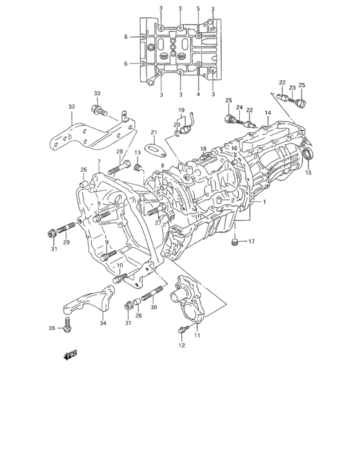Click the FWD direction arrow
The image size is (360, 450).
(70, 355)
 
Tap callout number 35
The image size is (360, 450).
(51, 328)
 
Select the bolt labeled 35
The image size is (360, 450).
(67, 325)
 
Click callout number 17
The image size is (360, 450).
(251, 241)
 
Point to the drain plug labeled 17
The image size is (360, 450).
(235, 242)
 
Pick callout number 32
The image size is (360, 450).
(71, 107)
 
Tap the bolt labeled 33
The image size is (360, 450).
(99, 110)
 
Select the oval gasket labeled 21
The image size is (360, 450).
(156, 150)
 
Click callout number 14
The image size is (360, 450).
(268, 113)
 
